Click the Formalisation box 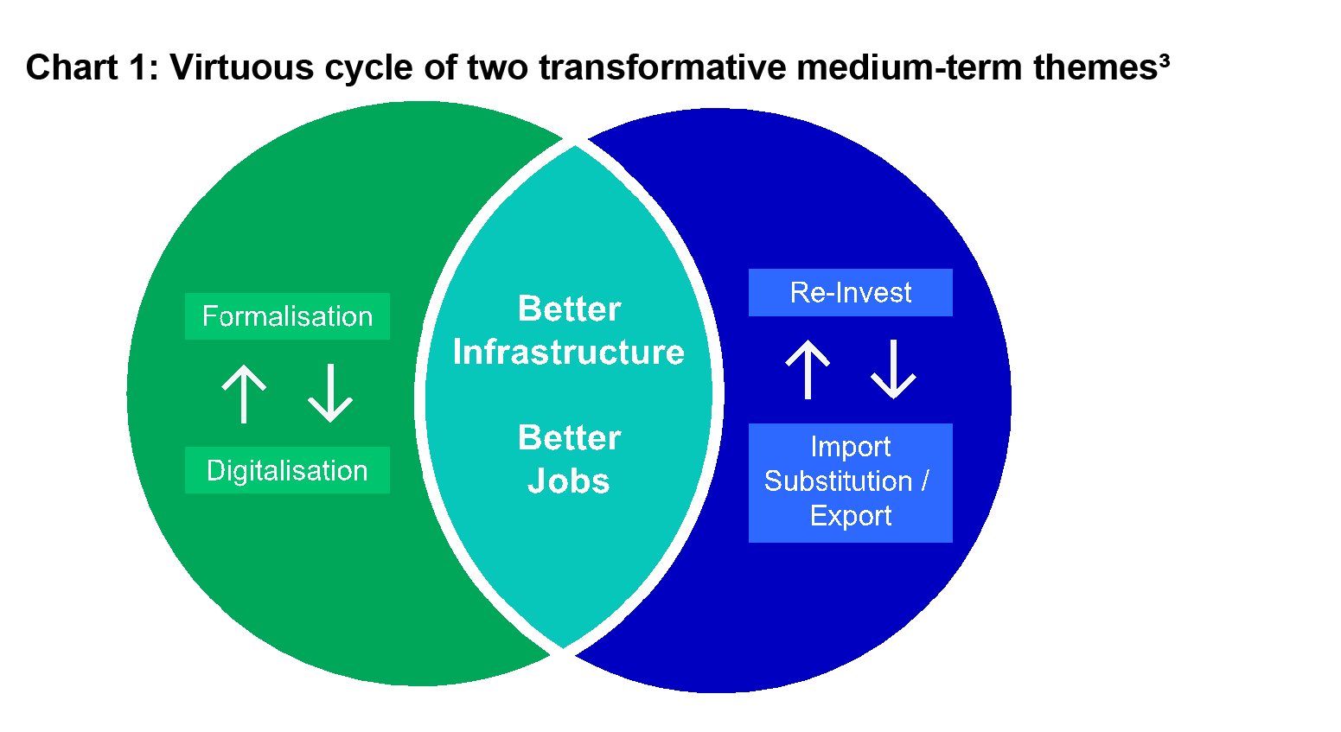pyautogui.click(x=287, y=316)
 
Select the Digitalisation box pyautogui.click(x=287, y=470)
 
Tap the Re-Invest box pyautogui.click(x=850, y=292)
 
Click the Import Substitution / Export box pyautogui.click(x=850, y=483)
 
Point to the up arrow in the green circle pyautogui.click(x=244, y=394)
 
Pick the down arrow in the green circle pyautogui.click(x=330, y=393)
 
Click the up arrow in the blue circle pyautogui.click(x=808, y=369)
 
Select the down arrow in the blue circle pyautogui.click(x=893, y=369)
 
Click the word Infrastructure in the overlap pyautogui.click(x=569, y=352)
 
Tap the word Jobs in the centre pyautogui.click(x=568, y=481)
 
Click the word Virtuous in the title pyautogui.click(x=242, y=67)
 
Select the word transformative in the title pyautogui.click(x=662, y=67)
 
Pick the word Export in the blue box pyautogui.click(x=851, y=517)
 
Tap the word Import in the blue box pyautogui.click(x=851, y=448)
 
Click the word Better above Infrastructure pyautogui.click(x=569, y=309)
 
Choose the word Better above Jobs pyautogui.click(x=569, y=437)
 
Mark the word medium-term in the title pyautogui.click(x=910, y=67)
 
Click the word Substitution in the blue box pyautogui.click(x=838, y=481)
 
